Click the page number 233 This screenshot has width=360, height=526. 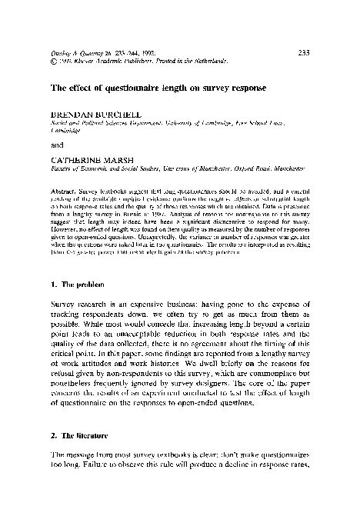pos(302,52)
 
